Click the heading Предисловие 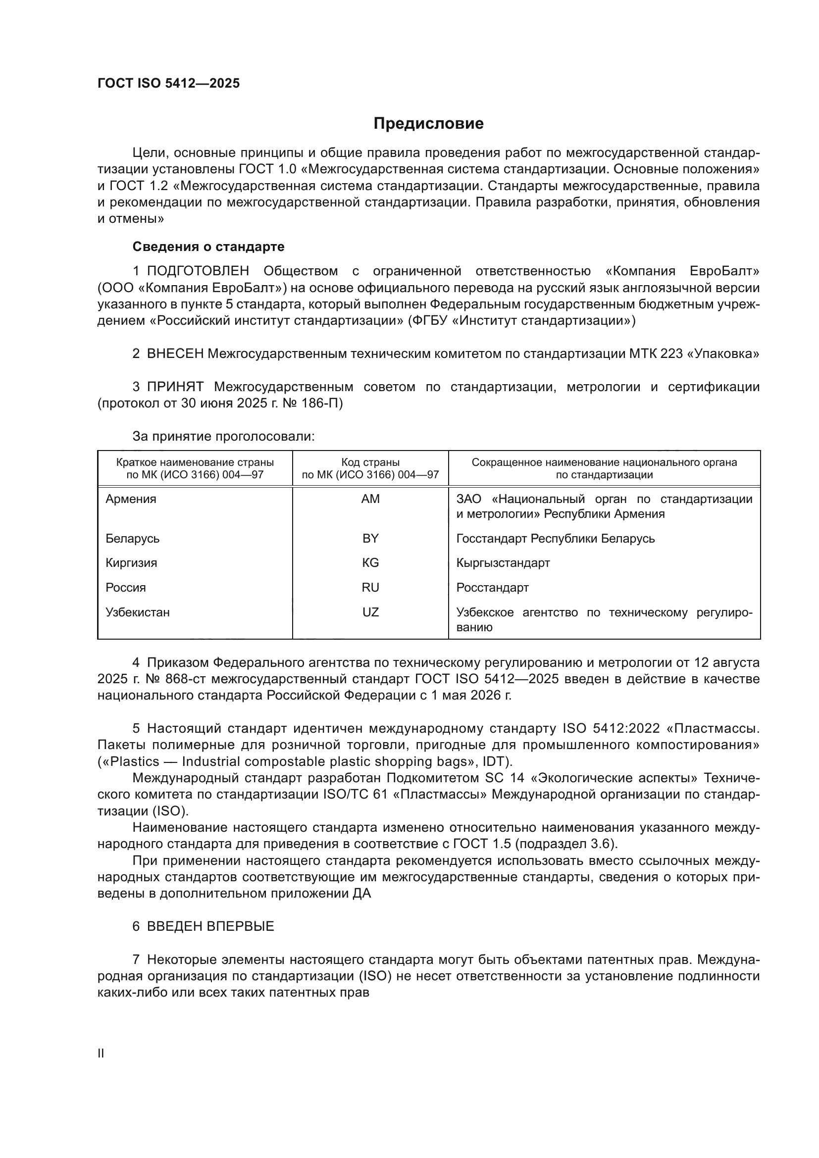coord(428,124)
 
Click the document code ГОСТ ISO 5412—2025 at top coord(168,83)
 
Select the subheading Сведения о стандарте coord(208,247)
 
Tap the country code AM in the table coord(370,499)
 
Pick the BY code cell coord(370,538)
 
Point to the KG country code coord(370,563)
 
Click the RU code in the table coord(370,588)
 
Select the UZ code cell coord(370,612)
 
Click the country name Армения coord(131,499)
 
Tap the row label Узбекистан coord(137,612)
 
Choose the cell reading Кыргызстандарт coord(503,563)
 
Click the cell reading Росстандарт coord(492,588)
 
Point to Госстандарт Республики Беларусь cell coord(555,538)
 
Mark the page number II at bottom coord(101,1053)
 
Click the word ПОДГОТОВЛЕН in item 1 coord(198,271)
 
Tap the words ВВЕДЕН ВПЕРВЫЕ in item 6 coord(210,926)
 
